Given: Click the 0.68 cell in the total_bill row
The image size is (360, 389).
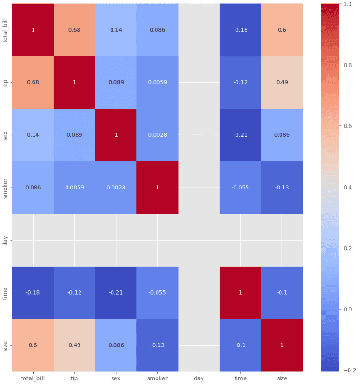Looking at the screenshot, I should click(75, 30).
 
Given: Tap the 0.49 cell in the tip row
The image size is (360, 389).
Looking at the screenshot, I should click(282, 82).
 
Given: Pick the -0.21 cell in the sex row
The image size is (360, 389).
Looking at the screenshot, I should click(240, 135).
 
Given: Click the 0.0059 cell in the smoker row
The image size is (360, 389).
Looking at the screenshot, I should click(75, 188).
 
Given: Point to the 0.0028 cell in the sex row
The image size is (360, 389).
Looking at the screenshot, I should click(157, 135).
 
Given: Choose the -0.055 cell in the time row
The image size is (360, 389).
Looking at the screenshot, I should click(157, 292).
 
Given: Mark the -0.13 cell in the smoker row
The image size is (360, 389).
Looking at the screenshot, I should click(282, 188).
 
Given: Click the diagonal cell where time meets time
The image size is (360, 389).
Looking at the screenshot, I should click(240, 292).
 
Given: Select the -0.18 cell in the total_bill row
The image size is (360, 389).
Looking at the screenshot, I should click(240, 30).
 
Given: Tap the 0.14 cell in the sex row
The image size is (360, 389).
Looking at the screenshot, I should click(33, 135).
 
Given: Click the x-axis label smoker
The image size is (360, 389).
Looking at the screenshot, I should click(157, 378).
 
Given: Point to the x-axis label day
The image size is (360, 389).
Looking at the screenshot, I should click(199, 378).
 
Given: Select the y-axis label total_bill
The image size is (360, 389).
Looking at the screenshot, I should click(6, 30).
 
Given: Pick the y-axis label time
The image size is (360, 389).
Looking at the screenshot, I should click(6, 292).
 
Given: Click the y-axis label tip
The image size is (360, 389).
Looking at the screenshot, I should click(6, 82).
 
